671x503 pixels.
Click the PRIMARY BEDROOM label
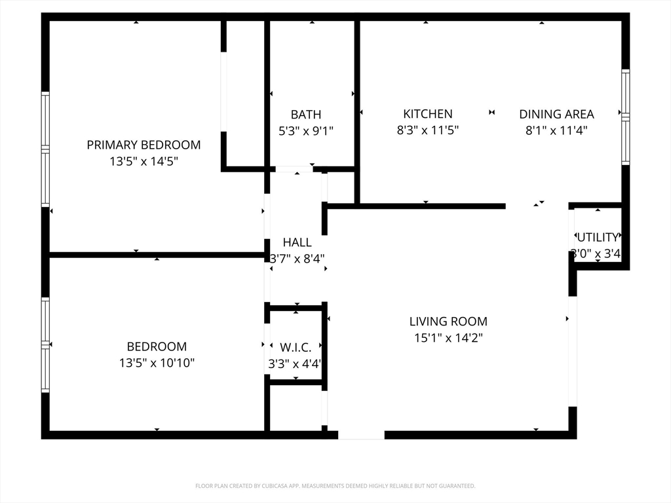[144, 145]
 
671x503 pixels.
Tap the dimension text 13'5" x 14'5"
[144, 161]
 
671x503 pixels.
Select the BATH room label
[306, 115]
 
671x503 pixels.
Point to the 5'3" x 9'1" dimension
[306, 130]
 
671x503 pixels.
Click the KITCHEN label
[428, 114]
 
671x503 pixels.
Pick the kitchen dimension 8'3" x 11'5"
[428, 130]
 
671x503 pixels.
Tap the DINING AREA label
[557, 114]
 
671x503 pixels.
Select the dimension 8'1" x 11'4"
[557, 130]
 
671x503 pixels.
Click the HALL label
[297, 242]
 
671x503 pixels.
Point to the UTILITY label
[598, 237]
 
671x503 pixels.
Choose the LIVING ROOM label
[448, 321]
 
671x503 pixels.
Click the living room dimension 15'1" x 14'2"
[448, 337]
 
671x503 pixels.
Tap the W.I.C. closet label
[296, 347]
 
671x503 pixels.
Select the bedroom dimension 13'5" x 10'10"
[157, 363]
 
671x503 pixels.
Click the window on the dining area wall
[626, 117]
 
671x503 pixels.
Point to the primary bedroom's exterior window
[45, 149]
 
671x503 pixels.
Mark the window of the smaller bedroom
[45, 345]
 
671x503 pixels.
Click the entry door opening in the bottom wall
[361, 435]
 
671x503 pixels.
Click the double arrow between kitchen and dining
[491, 113]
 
